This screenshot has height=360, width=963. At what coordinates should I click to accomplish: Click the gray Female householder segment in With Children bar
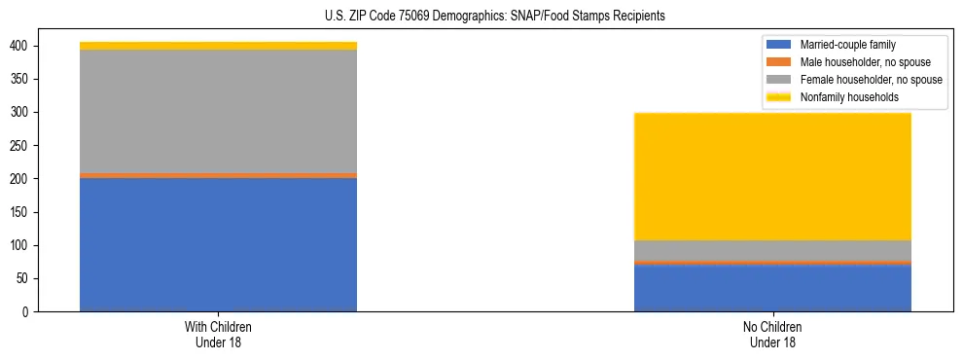point(218,111)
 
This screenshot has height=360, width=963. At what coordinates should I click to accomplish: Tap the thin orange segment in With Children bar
point(218,175)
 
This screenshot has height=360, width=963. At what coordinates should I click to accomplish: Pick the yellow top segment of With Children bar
point(218,46)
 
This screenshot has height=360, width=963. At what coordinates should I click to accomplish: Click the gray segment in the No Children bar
point(772,250)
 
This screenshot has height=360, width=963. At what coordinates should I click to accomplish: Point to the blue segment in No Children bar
point(772,288)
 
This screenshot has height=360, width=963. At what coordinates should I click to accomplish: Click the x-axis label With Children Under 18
point(218,334)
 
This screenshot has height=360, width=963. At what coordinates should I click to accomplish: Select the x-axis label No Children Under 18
point(772,334)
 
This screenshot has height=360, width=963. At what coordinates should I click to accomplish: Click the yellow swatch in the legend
point(779,97)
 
